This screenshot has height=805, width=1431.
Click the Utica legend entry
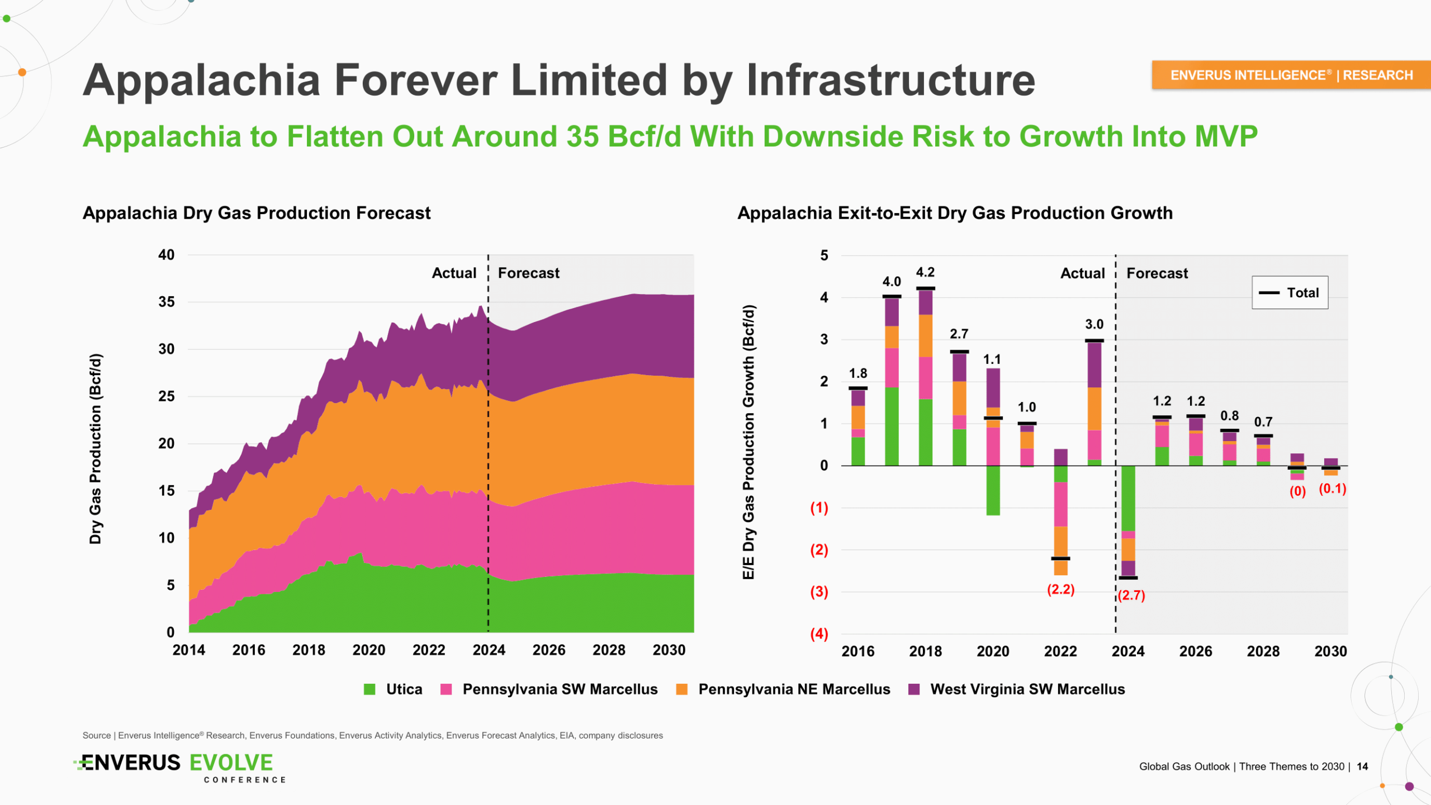coord(394,689)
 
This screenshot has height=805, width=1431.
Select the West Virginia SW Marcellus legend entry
coord(1017,689)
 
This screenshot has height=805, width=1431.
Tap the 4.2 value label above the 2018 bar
coord(925,272)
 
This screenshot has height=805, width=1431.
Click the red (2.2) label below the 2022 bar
coord(1060,589)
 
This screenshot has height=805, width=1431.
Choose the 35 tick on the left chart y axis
coord(166,302)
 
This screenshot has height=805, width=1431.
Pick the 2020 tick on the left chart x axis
coord(369,650)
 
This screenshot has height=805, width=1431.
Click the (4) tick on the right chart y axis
coord(819,634)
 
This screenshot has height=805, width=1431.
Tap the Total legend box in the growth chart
coord(1290,292)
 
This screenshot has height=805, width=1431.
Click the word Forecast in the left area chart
coord(528,273)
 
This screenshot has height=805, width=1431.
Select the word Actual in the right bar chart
coord(1083,273)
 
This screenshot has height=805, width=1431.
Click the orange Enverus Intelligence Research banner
coord(1291,75)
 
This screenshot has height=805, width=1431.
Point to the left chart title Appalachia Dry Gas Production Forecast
coord(257,213)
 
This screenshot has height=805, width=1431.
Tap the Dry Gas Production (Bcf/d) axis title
coord(96,448)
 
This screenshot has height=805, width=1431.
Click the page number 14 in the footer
coord(1362,766)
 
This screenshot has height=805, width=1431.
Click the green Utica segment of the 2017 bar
coord(892,426)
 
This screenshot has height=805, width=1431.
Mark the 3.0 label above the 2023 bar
coord(1094,324)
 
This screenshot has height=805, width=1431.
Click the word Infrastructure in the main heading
coord(890,80)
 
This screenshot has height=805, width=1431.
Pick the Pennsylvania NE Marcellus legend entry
coord(783,689)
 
